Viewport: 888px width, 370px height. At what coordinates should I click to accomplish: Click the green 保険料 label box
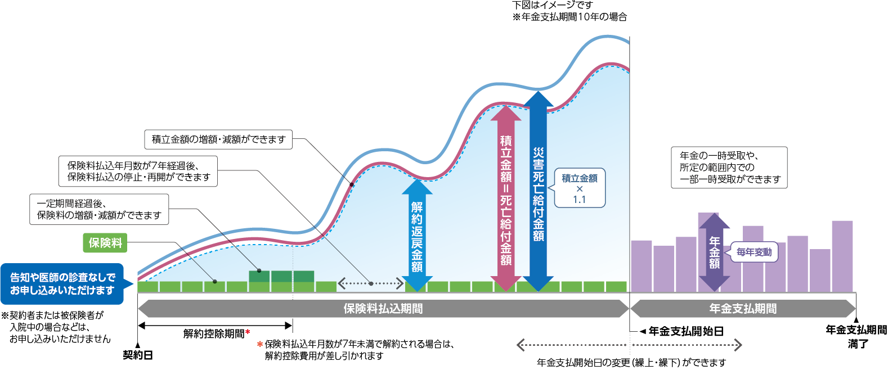105,243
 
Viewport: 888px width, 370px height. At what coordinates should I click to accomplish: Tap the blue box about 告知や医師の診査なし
62,284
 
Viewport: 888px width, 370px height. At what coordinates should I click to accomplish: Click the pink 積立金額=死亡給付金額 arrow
506,197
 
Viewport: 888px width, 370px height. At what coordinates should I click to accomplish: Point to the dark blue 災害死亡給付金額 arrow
539,191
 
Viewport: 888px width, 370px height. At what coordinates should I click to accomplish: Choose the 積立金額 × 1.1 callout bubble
580,188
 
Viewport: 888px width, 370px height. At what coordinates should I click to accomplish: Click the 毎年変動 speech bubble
754,252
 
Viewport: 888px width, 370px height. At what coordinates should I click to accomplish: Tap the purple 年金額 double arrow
714,252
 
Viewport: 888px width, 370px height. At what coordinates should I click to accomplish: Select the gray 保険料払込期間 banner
383,309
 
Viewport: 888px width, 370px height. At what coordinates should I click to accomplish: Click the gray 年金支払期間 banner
743,309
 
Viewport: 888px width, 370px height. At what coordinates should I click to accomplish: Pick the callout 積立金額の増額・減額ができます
219,139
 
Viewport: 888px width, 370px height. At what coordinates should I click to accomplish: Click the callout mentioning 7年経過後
138,171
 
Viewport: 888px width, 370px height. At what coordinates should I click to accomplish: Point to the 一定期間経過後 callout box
99,209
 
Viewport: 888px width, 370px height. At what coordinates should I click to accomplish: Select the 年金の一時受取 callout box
729,168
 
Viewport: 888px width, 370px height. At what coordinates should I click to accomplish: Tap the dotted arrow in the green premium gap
371,283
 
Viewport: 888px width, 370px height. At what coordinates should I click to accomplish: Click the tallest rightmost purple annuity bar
842,256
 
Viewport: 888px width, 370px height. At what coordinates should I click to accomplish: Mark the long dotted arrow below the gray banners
629,345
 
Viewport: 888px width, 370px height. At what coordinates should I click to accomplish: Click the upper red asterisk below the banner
248,332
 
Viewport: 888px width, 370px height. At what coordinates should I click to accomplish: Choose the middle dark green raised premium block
281,276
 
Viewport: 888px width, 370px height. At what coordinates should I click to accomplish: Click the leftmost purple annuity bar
642,266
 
